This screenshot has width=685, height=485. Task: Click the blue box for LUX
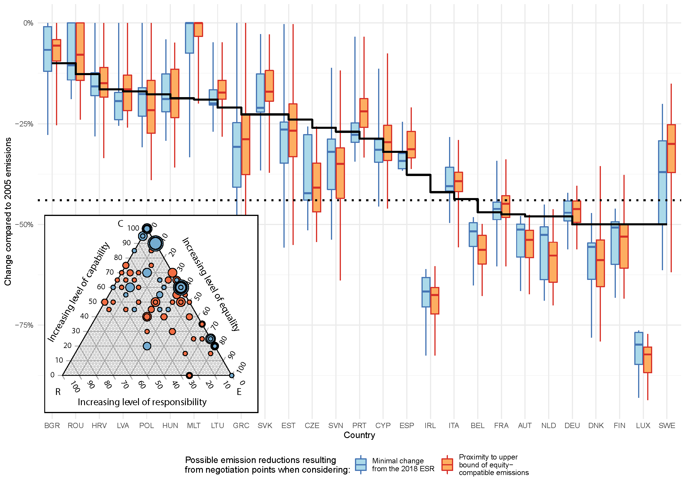coord(638,348)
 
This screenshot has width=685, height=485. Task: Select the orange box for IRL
coord(435,300)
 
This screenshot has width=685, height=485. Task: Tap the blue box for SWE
coord(662,182)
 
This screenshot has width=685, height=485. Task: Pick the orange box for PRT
coord(364,113)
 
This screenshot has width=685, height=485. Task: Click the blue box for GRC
coord(237,155)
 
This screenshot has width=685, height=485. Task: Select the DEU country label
coord(572,425)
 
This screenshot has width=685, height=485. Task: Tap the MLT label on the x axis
coord(194,425)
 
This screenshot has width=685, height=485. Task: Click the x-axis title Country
coord(359,435)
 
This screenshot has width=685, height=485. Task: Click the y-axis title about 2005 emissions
coord(8,212)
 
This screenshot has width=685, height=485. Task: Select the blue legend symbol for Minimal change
coord(361,465)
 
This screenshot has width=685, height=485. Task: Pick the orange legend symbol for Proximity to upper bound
coord(447,465)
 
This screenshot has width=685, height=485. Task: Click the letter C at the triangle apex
coord(120,224)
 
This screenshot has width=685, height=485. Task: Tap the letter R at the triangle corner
coord(58,392)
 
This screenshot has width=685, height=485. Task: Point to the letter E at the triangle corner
coord(239,392)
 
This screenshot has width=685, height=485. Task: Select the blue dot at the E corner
coord(232,375)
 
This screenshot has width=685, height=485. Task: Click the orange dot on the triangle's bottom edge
coord(189,375)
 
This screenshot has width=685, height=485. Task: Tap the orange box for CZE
coord(317,187)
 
